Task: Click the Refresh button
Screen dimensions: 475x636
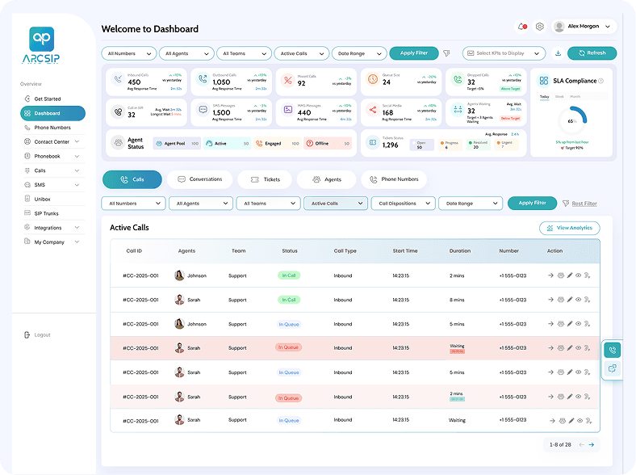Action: (x=592, y=53)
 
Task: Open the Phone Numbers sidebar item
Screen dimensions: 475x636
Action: (x=52, y=128)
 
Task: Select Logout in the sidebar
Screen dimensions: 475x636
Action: (x=42, y=334)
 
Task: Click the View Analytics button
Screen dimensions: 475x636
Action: (x=569, y=228)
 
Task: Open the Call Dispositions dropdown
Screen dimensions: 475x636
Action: (x=403, y=204)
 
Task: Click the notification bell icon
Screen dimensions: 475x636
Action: (x=521, y=26)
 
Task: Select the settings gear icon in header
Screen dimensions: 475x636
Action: (x=539, y=26)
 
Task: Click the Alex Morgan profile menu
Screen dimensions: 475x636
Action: (x=583, y=26)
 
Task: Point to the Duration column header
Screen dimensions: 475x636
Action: (x=460, y=251)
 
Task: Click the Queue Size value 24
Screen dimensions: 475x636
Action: (x=387, y=82)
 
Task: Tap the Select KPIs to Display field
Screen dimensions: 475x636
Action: (x=504, y=53)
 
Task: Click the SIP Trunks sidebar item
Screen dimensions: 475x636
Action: (x=46, y=213)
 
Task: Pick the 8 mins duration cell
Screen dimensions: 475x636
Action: (x=457, y=300)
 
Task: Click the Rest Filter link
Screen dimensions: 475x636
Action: (x=584, y=204)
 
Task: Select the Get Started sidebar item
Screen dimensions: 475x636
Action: (x=48, y=99)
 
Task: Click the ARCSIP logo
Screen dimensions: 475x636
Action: (x=41, y=44)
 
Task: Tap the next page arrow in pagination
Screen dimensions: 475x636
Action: (x=591, y=444)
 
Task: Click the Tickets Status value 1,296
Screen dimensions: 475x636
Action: (x=391, y=145)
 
